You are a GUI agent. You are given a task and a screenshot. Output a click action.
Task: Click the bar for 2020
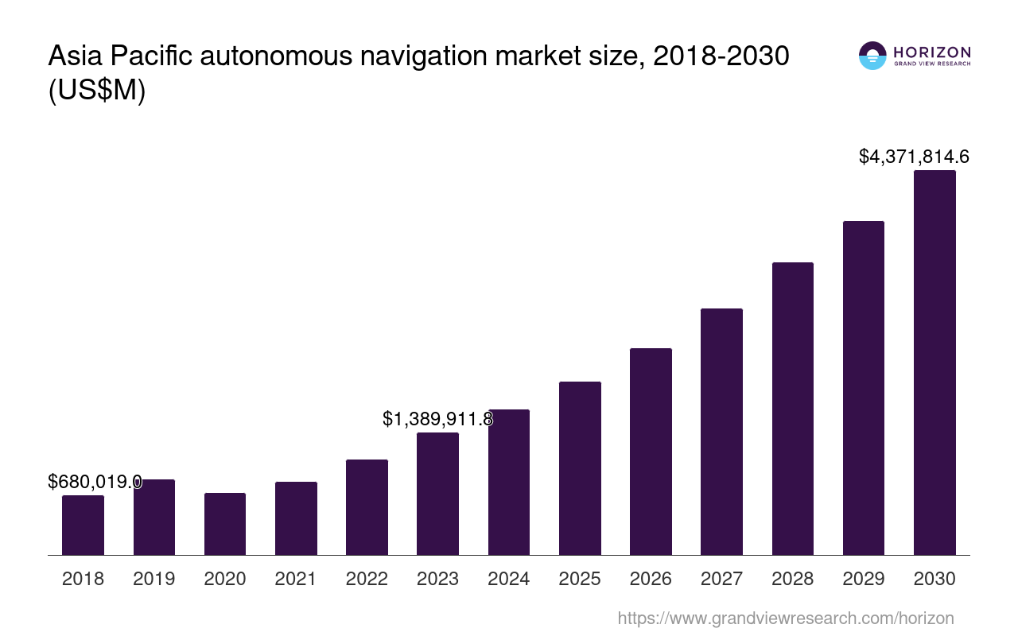tap(225, 524)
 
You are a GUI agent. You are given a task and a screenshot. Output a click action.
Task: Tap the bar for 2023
tap(437, 494)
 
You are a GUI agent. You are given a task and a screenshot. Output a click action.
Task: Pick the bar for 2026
tap(651, 452)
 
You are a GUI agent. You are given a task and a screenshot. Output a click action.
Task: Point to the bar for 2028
tap(792, 409)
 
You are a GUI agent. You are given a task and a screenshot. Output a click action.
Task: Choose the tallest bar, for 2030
tap(934, 363)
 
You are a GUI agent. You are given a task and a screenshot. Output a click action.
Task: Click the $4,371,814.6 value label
tap(914, 157)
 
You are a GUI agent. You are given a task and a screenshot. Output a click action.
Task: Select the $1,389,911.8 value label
tap(437, 419)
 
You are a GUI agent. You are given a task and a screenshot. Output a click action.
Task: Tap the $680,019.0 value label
tap(95, 482)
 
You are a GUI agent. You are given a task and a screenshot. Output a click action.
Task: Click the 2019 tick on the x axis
tap(154, 579)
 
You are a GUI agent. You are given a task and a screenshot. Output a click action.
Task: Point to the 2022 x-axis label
tap(367, 579)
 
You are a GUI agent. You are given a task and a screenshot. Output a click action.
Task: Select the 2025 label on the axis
tap(580, 579)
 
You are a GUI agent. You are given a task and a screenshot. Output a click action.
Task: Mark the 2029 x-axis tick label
tap(864, 579)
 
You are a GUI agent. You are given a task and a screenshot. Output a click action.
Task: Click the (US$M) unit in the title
tap(97, 91)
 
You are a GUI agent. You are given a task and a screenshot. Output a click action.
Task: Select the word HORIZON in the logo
tap(932, 52)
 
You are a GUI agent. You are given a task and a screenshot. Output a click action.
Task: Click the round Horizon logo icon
tap(872, 56)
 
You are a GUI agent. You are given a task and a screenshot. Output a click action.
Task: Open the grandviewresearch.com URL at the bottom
tap(785, 618)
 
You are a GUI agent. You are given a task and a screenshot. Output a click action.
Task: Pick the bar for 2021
tap(296, 518)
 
